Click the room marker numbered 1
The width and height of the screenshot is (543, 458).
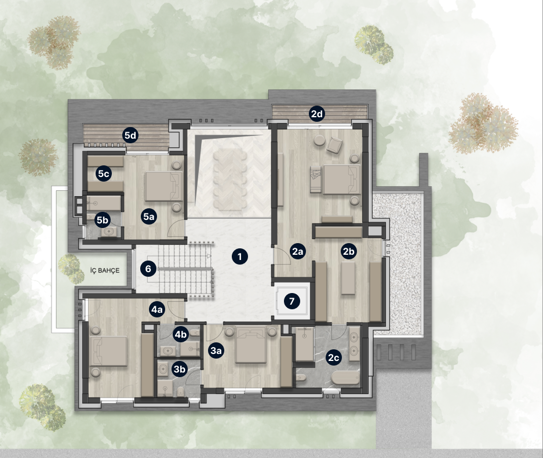(x=240, y=257)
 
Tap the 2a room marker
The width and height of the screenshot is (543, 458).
(x=298, y=252)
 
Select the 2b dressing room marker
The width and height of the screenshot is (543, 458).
(x=348, y=252)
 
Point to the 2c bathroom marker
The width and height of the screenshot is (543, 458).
(x=333, y=358)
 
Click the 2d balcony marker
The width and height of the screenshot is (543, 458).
(x=317, y=114)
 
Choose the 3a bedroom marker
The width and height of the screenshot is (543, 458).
(x=216, y=351)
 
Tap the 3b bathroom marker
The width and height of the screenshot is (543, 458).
(x=179, y=369)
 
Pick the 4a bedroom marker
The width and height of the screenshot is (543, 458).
(x=157, y=309)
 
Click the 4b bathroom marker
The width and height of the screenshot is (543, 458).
(x=180, y=334)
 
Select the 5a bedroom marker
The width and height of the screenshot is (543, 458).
(x=149, y=217)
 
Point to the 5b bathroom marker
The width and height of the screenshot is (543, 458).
(x=103, y=220)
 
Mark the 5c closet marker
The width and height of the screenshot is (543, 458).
(x=103, y=174)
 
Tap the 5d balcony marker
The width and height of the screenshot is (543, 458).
(x=130, y=136)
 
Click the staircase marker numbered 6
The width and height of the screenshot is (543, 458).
(x=148, y=269)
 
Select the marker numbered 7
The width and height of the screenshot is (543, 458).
(x=292, y=301)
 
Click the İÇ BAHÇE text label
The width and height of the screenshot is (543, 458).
(x=105, y=270)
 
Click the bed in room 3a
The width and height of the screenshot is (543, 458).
(x=251, y=345)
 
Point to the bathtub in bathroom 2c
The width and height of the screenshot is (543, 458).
(x=346, y=378)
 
